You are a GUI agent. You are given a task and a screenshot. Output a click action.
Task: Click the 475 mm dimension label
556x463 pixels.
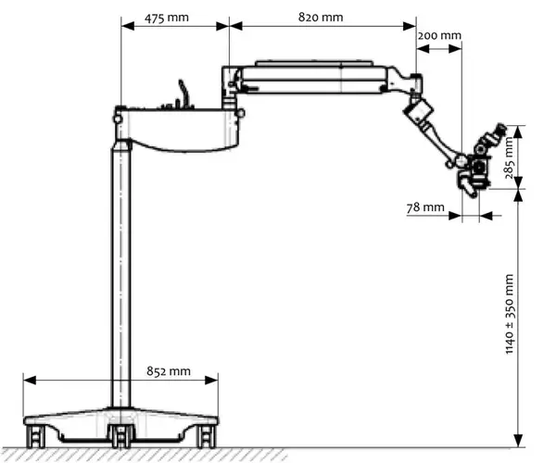(166, 18)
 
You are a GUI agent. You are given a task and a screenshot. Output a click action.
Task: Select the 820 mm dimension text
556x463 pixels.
(321, 17)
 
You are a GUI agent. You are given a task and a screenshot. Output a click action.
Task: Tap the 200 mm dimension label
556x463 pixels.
(439, 35)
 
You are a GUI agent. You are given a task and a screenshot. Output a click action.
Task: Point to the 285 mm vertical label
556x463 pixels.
(509, 157)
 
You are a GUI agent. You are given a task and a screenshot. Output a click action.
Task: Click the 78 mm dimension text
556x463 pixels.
(425, 206)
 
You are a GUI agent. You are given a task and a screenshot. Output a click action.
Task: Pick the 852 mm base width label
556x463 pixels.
(169, 371)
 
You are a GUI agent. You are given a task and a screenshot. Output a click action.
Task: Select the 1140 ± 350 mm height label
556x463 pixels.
(509, 314)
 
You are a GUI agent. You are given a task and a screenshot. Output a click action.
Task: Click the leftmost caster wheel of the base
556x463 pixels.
(36, 437)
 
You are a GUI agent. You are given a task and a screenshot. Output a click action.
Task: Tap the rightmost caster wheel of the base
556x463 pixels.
(207, 437)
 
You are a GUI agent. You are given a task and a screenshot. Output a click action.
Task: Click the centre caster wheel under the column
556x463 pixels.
(121, 437)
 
